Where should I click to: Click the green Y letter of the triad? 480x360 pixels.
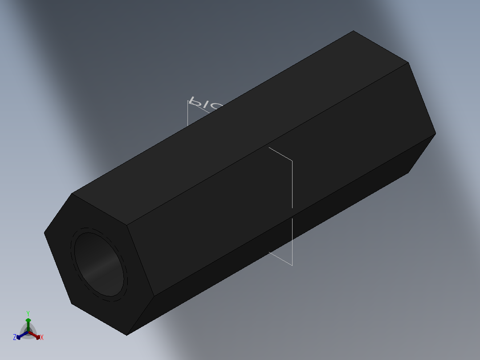28,313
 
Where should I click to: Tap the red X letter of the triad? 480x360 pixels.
42,338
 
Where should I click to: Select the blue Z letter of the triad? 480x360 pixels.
15,337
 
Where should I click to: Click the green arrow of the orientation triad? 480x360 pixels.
28,322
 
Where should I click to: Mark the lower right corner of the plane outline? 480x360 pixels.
292,265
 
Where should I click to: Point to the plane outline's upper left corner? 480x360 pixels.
188,101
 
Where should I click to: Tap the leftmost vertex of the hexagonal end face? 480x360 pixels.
45,232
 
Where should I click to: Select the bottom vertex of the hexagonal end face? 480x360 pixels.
127,335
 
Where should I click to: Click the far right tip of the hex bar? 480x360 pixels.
435,133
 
